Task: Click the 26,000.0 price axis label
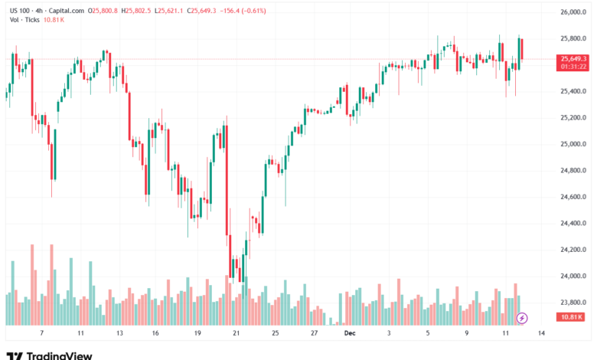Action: (x=573, y=12)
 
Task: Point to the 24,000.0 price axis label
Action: (x=573, y=276)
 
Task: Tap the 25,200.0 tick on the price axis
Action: (x=573, y=118)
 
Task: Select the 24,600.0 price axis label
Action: (x=573, y=197)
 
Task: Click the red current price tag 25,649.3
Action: (x=573, y=58)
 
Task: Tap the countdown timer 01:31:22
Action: (x=573, y=67)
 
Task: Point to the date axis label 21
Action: (x=236, y=334)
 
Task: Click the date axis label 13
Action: (x=119, y=334)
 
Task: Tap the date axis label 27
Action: (x=314, y=334)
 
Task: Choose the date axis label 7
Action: (x=41, y=334)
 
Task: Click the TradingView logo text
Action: (x=59, y=355)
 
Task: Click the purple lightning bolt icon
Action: (x=523, y=317)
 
